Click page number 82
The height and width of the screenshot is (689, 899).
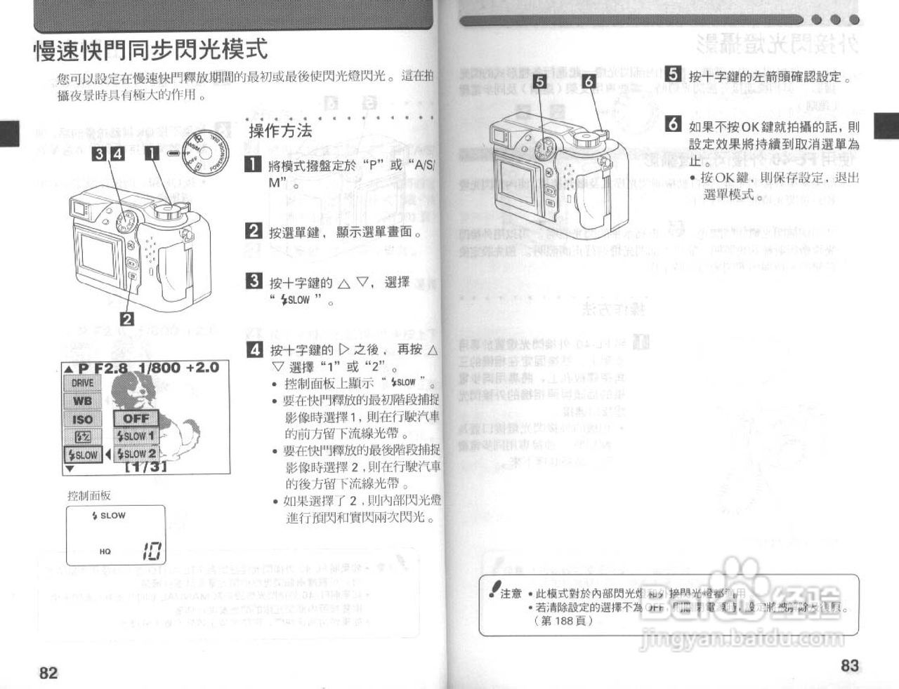click(x=48, y=672)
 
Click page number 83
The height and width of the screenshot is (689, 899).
click(x=850, y=665)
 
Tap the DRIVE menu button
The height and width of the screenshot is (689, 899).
click(x=82, y=383)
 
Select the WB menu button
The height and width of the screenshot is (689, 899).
click(x=82, y=401)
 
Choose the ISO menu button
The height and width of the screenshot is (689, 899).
click(x=82, y=419)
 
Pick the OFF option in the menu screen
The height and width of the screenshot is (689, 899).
click(x=136, y=418)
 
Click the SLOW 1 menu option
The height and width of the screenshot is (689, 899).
click(x=136, y=436)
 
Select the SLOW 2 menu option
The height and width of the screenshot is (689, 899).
click(x=136, y=453)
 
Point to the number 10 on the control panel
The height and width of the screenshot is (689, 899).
click(x=152, y=551)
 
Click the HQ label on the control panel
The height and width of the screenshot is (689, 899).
click(x=105, y=551)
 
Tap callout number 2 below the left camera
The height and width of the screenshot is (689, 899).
click(x=127, y=319)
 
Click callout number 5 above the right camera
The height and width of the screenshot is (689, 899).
click(x=539, y=81)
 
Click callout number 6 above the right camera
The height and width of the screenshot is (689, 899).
click(x=589, y=81)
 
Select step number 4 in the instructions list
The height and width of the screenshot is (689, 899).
click(x=256, y=349)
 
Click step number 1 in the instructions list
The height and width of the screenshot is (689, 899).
click(x=254, y=166)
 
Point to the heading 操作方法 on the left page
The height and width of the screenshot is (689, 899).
click(x=280, y=131)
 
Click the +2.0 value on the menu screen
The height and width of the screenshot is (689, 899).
click(x=202, y=368)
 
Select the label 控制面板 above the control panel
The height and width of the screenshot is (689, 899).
click(x=88, y=495)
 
